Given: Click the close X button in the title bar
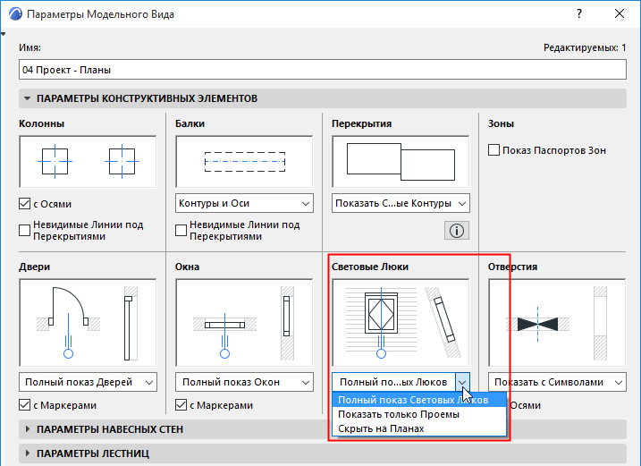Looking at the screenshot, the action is pyautogui.click(x=620, y=14).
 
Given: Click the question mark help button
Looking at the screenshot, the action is pyautogui.click(x=579, y=14).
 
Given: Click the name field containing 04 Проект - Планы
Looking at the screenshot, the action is pyautogui.click(x=322, y=70).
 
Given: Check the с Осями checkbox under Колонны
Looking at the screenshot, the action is pyautogui.click(x=24, y=203).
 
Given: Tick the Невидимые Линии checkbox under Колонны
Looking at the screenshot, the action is pyautogui.click(x=24, y=231).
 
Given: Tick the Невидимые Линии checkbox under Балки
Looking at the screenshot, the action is pyautogui.click(x=181, y=231).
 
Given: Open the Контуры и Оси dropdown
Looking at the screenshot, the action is pyautogui.click(x=244, y=203).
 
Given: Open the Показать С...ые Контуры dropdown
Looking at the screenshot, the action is pyautogui.click(x=401, y=203).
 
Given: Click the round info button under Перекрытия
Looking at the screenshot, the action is pyautogui.click(x=457, y=231).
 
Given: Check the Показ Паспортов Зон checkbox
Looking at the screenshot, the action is pyautogui.click(x=493, y=150).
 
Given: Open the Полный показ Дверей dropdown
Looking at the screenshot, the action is pyautogui.click(x=88, y=382).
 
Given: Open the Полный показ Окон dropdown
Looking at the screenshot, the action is pyautogui.click(x=244, y=382).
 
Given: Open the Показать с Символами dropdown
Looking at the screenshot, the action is pyautogui.click(x=557, y=382).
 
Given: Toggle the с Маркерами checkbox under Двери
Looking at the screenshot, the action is pyautogui.click(x=24, y=405).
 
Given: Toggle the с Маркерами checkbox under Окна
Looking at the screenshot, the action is pyautogui.click(x=181, y=405).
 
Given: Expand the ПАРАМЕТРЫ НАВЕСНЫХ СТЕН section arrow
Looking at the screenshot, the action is pyautogui.click(x=28, y=429).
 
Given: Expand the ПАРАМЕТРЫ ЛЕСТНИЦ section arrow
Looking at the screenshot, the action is pyautogui.click(x=28, y=453).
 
